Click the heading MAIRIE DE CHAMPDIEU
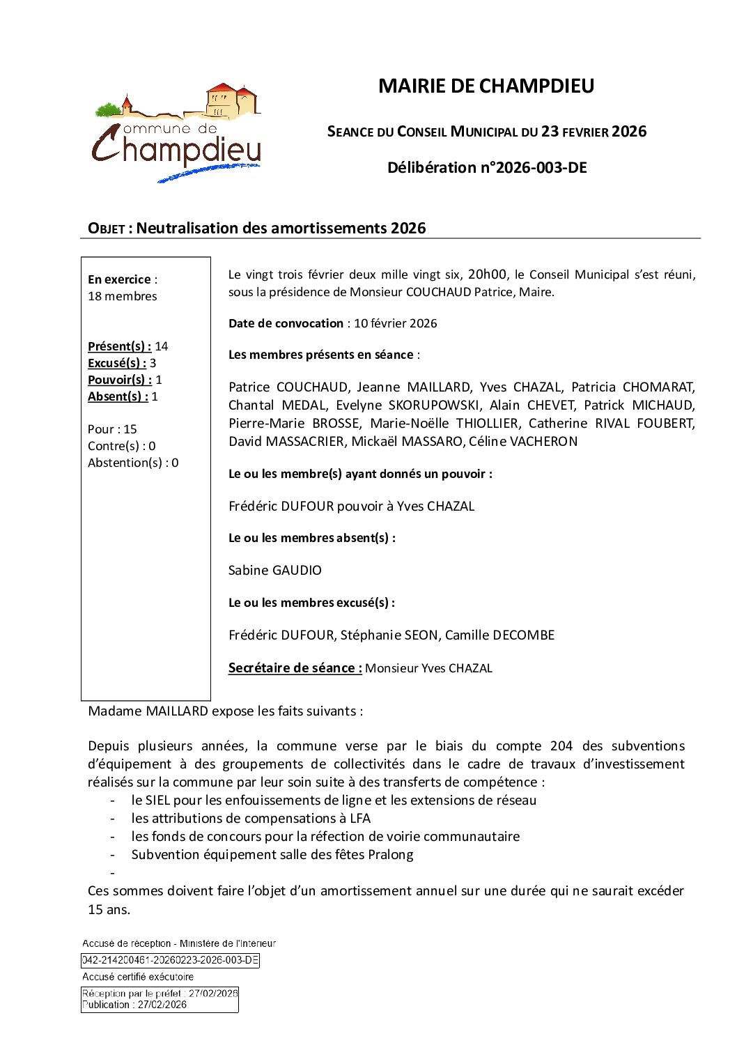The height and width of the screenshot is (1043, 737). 486,86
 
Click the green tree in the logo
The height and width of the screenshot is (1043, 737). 108,109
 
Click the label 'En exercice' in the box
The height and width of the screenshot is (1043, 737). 119,279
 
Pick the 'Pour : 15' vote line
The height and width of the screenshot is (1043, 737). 112,429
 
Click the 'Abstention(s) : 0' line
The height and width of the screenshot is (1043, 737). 133,463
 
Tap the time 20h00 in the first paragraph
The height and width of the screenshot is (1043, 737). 487,275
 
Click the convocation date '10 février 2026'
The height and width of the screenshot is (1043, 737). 395,323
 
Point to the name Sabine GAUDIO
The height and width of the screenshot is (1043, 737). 275,570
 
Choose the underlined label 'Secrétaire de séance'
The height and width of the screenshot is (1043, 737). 295,667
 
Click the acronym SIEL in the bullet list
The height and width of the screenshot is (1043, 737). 157,800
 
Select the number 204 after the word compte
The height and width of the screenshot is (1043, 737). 561,745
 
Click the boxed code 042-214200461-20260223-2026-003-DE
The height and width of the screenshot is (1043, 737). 171,960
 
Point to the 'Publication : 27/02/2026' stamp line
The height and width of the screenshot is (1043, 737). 134,1005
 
